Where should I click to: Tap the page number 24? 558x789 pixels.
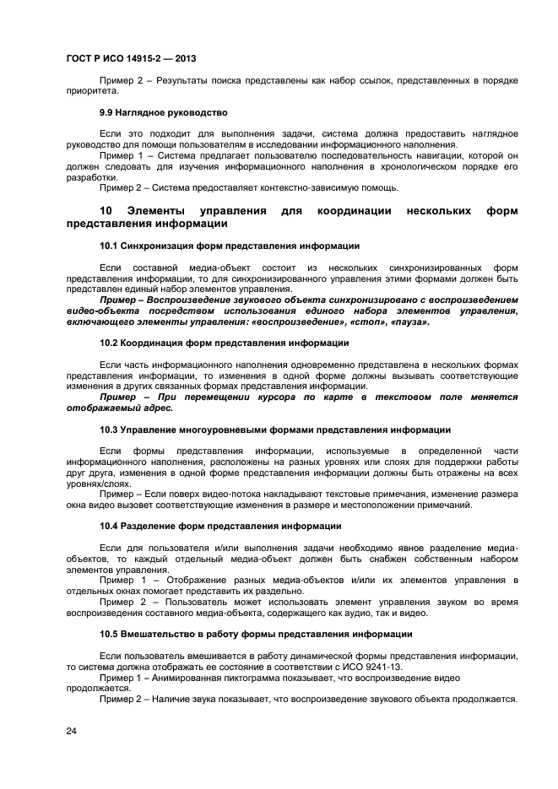point(72,731)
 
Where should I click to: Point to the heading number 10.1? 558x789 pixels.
point(109,246)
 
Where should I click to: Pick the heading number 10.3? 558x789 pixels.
point(109,430)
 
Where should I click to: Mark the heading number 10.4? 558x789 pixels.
point(109,526)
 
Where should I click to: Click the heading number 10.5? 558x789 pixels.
point(109,633)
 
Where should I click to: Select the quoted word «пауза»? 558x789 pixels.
point(410,322)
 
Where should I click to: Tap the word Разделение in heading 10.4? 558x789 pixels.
point(152,526)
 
